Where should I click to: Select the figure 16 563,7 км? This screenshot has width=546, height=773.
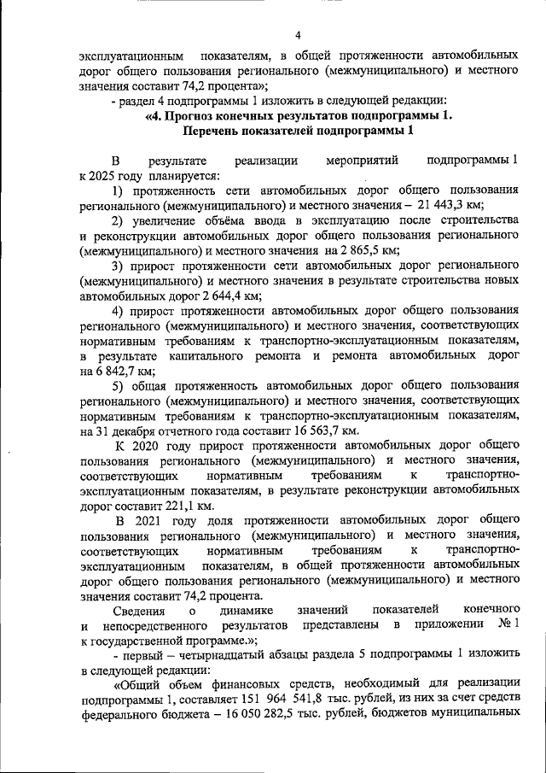(317, 432)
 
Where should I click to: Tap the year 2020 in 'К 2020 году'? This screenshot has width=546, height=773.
(151, 447)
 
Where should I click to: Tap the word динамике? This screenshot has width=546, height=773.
(246, 609)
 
